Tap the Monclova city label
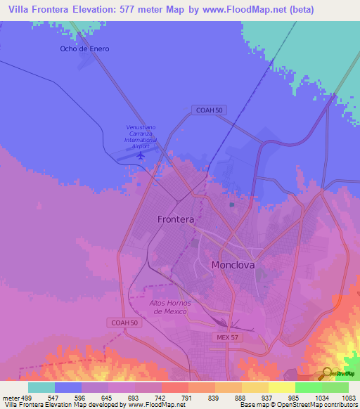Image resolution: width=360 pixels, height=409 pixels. (x=233, y=265)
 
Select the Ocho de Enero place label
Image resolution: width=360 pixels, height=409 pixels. (x=84, y=48)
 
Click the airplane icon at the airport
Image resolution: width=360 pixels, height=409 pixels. (x=141, y=155)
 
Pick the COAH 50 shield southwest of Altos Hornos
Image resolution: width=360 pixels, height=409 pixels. (x=124, y=322)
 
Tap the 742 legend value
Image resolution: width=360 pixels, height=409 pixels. (x=161, y=397)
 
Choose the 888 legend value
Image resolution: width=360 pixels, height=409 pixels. (x=241, y=397)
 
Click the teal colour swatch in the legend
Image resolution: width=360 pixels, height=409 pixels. (x=41, y=387)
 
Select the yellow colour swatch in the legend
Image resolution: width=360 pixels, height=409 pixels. (x=282, y=387)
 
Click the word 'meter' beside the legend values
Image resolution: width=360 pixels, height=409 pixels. (x=11, y=397)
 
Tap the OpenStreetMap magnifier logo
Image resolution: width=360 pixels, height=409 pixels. (x=327, y=372)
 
